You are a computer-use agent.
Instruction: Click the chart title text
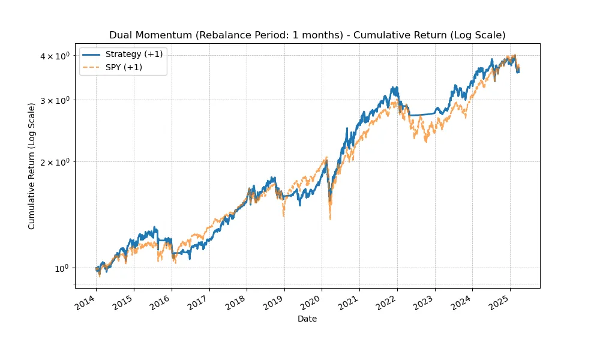[x=307, y=35]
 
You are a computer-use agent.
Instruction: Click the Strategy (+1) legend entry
[x=134, y=55]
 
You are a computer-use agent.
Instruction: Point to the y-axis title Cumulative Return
[x=32, y=166]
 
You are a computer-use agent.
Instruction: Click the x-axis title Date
[x=307, y=319]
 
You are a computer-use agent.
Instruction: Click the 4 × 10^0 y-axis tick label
[x=55, y=56]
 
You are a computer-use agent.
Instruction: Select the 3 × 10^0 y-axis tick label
[x=55, y=100]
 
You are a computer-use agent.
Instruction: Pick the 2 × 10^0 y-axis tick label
[x=55, y=162]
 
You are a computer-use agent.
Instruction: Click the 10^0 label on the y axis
[x=59, y=268]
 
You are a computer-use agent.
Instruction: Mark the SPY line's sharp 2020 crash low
[x=330, y=219]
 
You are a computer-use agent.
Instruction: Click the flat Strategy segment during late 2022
[x=420, y=115]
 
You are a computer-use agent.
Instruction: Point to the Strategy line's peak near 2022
[x=395, y=88]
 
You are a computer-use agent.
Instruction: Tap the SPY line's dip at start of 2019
[x=283, y=215]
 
